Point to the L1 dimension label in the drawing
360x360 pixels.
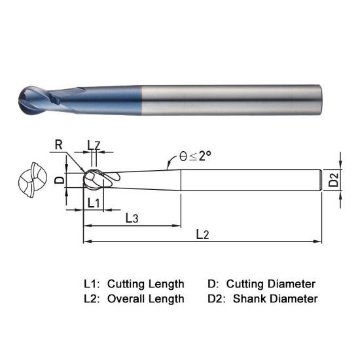(94, 203)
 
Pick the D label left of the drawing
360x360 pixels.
(59, 179)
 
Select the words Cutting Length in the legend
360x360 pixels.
(145, 284)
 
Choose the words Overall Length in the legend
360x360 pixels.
(145, 299)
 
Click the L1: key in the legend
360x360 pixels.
(92, 284)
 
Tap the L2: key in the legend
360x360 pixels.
(92, 299)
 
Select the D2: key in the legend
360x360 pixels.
(217, 299)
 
